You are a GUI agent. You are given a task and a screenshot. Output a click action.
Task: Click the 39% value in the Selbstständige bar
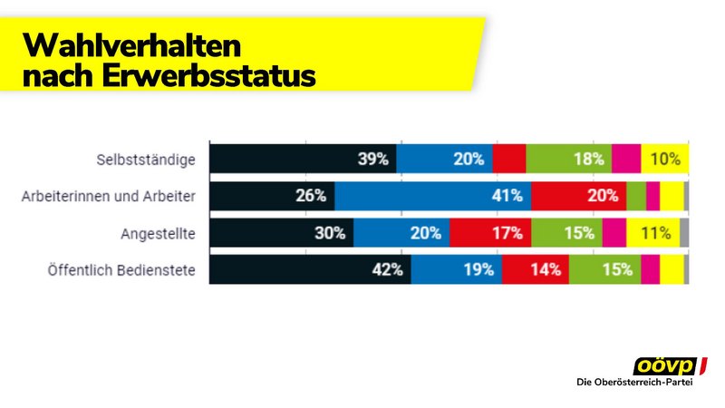pyautogui.click(x=372, y=160)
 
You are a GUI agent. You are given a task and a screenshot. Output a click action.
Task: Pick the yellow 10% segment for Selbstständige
pyautogui.click(x=664, y=160)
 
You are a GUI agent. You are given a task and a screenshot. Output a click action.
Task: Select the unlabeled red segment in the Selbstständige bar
pyautogui.click(x=509, y=160)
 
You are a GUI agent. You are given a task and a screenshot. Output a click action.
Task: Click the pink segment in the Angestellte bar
pyautogui.click(x=614, y=233)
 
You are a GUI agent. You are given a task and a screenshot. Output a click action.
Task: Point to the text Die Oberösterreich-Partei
pyautogui.click(x=641, y=384)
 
